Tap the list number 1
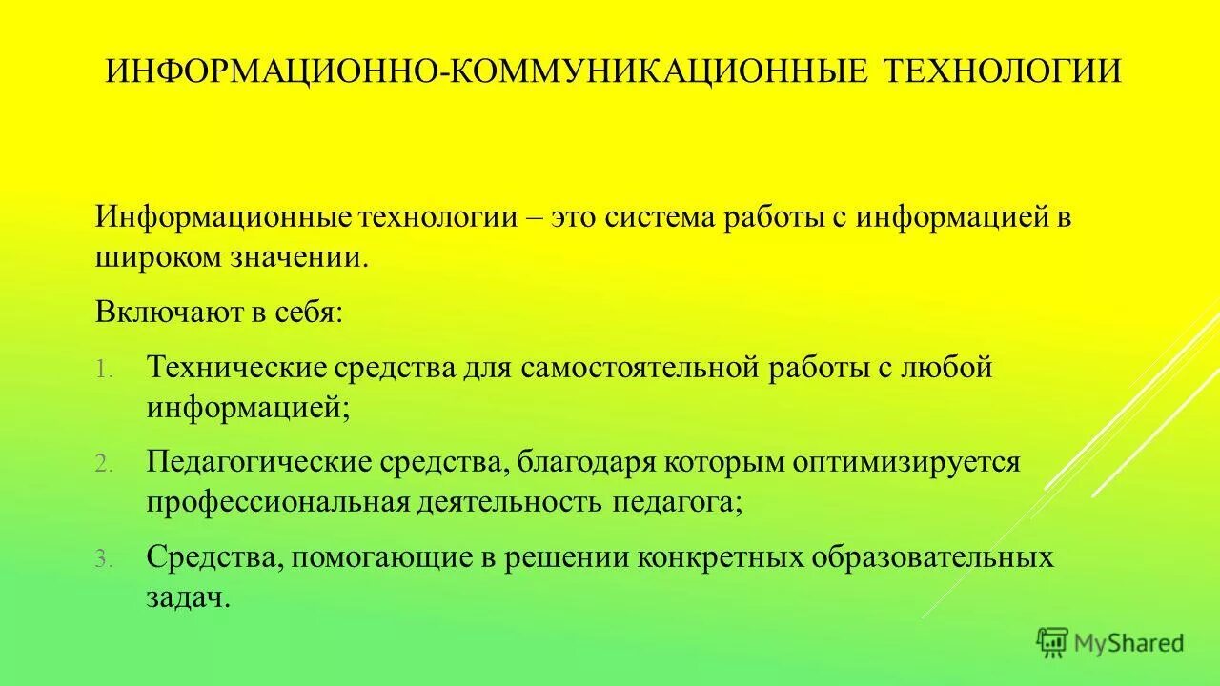click(x=103, y=370)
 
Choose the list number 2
click(x=103, y=465)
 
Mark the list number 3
click(x=103, y=560)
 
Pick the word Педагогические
click(x=258, y=463)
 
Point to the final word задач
click(x=188, y=598)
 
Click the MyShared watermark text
click(x=1128, y=643)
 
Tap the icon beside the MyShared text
click(x=1052, y=642)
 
